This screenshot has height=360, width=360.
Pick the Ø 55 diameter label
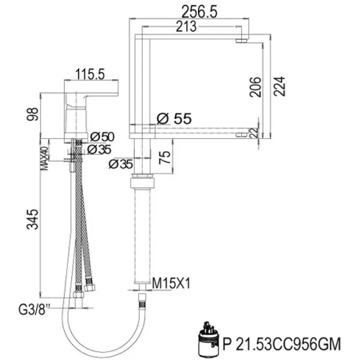pyautogui.click(x=174, y=119)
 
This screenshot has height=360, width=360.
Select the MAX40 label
pyautogui.click(x=45, y=158)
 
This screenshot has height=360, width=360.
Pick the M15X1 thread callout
pyautogui.click(x=170, y=284)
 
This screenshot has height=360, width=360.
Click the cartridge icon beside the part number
pyautogui.click(x=208, y=338)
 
